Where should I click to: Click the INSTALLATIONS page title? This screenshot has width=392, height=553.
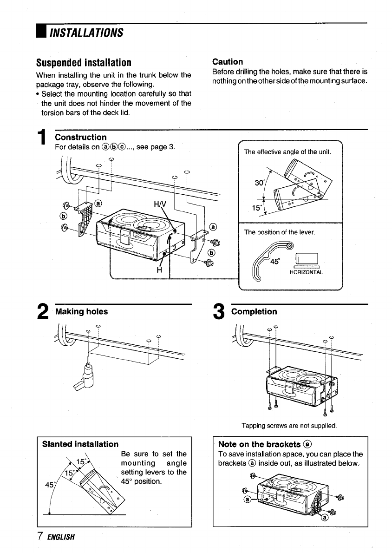click(x=86, y=33)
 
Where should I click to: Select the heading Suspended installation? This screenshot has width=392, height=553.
click(x=84, y=62)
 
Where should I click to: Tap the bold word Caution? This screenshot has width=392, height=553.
click(x=228, y=62)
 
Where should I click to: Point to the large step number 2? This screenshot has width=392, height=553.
click(x=43, y=312)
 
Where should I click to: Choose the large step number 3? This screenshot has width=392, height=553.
click(x=219, y=312)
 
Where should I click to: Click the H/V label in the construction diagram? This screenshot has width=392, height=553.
click(x=160, y=204)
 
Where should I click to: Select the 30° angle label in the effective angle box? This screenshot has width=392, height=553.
click(x=259, y=183)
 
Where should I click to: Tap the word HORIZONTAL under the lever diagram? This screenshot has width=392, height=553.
click(x=306, y=272)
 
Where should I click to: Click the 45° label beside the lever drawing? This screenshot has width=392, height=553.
click(x=275, y=261)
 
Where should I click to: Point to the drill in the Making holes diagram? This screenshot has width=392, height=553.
click(x=85, y=375)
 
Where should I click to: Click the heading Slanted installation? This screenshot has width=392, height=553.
click(x=80, y=444)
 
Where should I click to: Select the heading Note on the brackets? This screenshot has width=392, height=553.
click(x=264, y=444)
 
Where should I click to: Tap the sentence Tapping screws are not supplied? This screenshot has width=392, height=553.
click(x=289, y=426)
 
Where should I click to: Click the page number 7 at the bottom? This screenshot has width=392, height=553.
click(x=40, y=536)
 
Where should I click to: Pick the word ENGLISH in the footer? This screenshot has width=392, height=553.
click(x=61, y=537)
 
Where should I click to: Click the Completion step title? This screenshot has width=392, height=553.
click(x=254, y=312)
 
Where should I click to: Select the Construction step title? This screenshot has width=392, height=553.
click(x=81, y=137)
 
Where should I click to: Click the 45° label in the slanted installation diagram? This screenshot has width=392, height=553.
click(x=50, y=485)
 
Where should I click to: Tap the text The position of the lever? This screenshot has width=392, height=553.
click(x=280, y=232)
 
